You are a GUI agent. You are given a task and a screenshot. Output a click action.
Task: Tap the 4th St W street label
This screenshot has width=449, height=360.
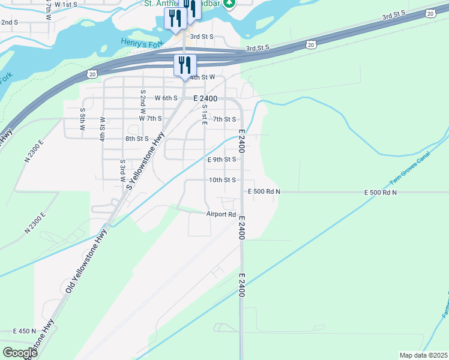point(202,77)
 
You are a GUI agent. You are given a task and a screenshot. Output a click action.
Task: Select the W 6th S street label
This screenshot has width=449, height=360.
point(166,98)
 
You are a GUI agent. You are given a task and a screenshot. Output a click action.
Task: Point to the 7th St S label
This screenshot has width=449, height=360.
point(224,119)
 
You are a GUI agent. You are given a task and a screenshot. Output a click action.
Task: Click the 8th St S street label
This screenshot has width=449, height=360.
point(137,139)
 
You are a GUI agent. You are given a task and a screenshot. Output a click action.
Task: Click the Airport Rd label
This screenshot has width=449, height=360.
point(221,214)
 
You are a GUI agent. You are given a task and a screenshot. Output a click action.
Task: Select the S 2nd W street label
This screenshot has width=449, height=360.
point(143,101)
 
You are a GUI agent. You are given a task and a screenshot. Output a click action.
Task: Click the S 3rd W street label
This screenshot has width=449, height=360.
point(122,170)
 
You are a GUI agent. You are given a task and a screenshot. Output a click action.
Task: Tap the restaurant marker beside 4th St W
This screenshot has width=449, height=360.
point(185,65)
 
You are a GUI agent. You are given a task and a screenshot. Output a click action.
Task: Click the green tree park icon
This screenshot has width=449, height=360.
point(229,4)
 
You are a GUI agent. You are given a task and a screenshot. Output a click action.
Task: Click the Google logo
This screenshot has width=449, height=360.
point(19,353)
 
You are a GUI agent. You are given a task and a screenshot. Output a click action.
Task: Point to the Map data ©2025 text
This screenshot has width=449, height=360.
point(423,355)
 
